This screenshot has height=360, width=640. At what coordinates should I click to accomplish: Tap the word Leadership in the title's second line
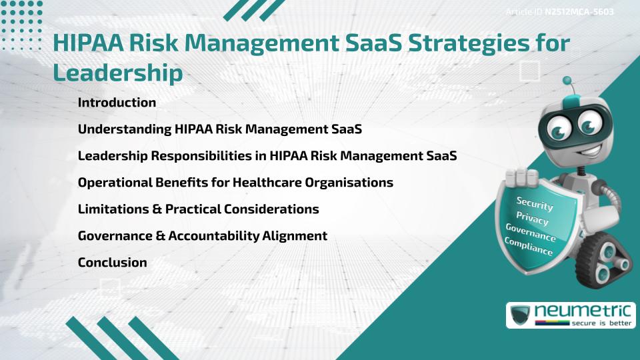[117, 73]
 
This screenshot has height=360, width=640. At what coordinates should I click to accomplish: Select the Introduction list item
[117, 103]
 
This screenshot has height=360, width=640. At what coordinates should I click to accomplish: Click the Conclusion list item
[112, 263]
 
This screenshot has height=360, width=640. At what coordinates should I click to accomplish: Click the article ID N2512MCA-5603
[579, 12]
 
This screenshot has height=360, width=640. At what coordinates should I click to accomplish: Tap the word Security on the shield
[535, 203]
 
